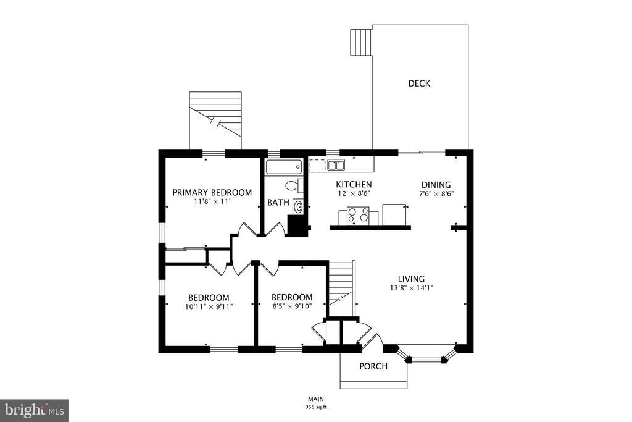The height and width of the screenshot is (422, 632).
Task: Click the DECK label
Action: tap(419, 83)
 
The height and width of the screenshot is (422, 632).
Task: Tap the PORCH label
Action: tap(373, 366)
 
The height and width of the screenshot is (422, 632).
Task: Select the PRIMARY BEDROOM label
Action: tap(212, 192)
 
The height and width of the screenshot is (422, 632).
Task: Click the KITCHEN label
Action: tap(354, 184)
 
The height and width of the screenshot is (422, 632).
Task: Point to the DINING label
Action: tap(436, 185)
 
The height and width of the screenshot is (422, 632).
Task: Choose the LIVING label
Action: tap(411, 279)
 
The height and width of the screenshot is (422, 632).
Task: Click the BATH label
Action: tap(278, 203)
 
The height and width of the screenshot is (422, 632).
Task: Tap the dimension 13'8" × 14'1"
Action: tap(411, 288)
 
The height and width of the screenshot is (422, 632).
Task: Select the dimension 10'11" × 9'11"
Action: tap(209, 306)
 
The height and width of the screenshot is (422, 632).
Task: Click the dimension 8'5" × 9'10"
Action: tap(292, 306)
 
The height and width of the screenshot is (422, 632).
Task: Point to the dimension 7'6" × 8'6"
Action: tap(436, 193)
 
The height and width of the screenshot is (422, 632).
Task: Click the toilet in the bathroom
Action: tap(294, 186)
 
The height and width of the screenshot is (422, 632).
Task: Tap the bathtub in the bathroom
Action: tap(284, 167)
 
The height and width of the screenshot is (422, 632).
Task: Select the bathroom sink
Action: tap(298, 207)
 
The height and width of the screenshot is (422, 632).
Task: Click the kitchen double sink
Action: tap(336, 165)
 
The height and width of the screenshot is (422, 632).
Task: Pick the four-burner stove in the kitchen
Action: tap(359, 214)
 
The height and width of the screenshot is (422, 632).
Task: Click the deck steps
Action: tap(361, 42)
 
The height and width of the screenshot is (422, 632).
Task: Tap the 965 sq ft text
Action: tap(316, 407)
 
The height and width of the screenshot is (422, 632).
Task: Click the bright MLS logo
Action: tap(34, 411)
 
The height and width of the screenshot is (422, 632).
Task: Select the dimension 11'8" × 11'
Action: tap(212, 201)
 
